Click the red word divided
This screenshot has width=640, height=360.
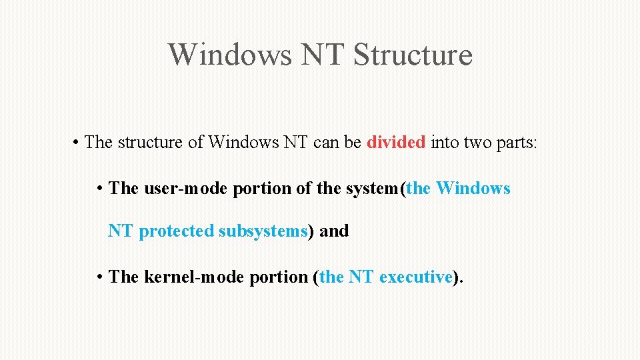coord(396,142)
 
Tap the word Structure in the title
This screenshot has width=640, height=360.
coord(413,54)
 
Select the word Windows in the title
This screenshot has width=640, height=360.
coord(229,54)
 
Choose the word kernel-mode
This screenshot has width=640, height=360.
coord(194,277)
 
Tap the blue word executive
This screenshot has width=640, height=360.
coord(416,277)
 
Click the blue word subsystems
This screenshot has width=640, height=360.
coord(263,231)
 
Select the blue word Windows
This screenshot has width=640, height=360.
coord(473,189)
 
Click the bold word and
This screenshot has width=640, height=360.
coord(334,231)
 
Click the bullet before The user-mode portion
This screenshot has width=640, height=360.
coord(99,189)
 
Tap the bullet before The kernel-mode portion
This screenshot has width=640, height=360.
coord(99,277)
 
